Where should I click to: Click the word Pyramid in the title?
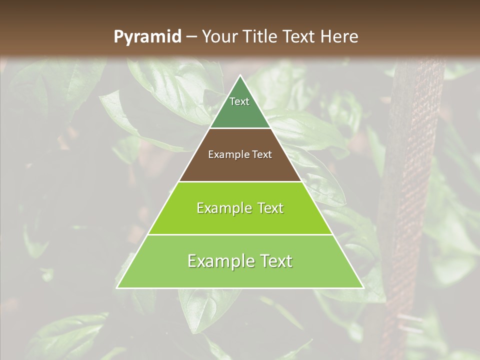point(147,37)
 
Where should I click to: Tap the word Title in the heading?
point(262,36)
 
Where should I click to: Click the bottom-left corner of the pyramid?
point(117,287)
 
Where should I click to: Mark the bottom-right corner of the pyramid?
point(363,287)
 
